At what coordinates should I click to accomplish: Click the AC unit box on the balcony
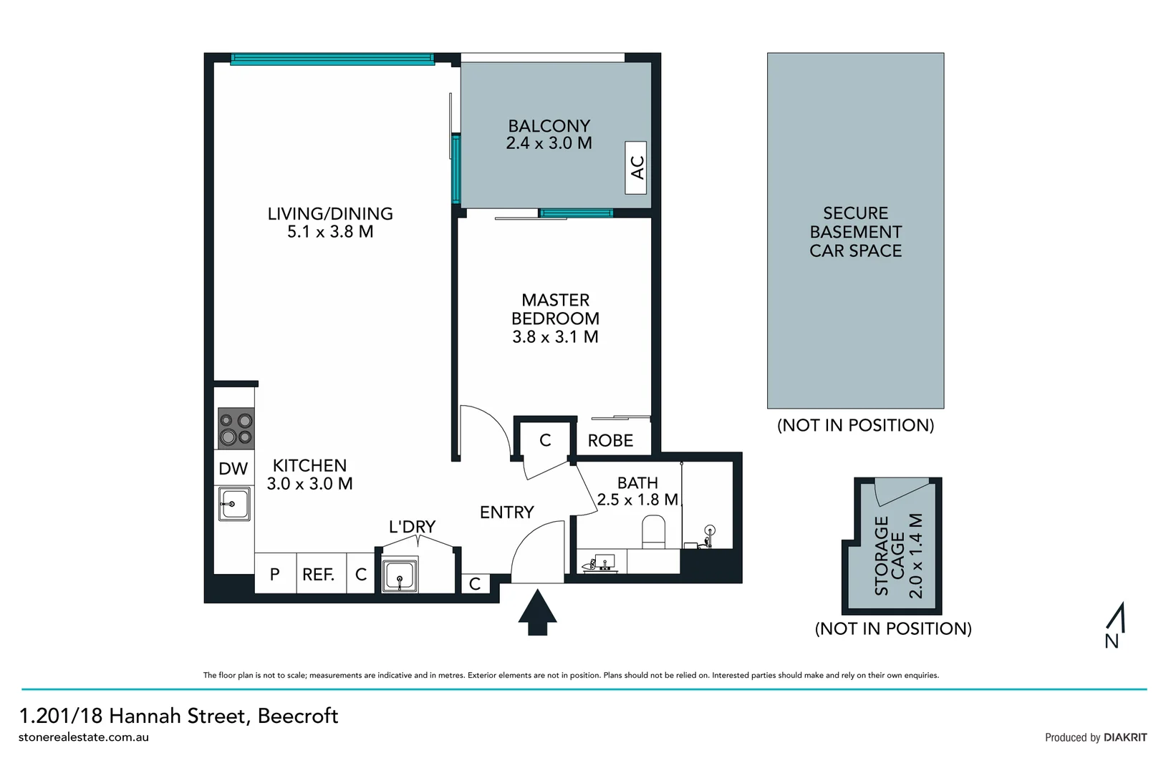click(636, 167)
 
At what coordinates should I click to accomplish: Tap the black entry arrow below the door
click(537, 612)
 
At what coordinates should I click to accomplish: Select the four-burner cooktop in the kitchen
click(236, 428)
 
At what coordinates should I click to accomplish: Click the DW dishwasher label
click(233, 469)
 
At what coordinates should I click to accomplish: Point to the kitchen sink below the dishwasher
click(234, 504)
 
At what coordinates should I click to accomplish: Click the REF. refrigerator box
click(319, 574)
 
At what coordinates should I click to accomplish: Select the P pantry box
click(275, 574)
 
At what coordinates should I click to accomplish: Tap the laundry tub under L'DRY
click(400, 575)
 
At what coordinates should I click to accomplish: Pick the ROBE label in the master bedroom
click(610, 441)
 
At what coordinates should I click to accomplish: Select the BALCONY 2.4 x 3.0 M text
click(549, 135)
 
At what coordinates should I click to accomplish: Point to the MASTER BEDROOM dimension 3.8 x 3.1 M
click(555, 337)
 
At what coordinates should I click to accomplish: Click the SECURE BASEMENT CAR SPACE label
click(855, 232)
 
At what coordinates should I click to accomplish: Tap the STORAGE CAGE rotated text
click(890, 555)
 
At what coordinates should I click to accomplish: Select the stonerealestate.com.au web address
click(84, 737)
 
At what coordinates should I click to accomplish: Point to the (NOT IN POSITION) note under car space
click(855, 425)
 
